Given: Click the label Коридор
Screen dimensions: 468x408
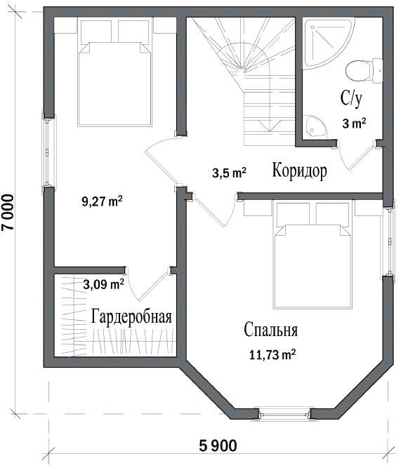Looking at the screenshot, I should coord(298,171).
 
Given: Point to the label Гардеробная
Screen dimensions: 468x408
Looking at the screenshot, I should coord(131,316).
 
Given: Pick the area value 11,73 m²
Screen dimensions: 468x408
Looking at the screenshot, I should coord(272,355).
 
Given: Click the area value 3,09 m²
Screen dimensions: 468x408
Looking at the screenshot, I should coord(103,284).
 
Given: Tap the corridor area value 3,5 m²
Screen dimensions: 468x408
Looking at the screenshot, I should coord(229,173).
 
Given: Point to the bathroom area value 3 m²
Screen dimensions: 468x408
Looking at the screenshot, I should coord(353,123).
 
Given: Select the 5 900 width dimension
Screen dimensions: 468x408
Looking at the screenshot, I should coord(218,446).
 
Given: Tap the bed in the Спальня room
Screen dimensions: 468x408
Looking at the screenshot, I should coord(313,256).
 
